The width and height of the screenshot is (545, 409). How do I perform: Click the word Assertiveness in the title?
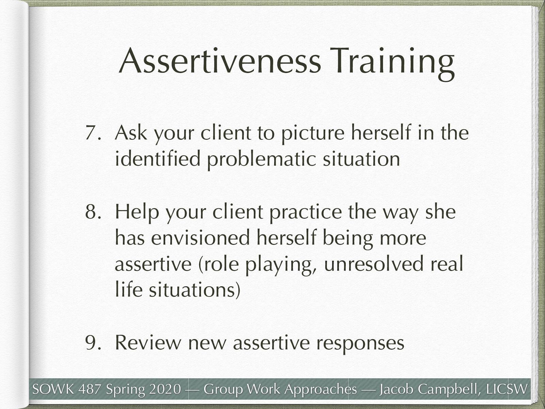point(220,61)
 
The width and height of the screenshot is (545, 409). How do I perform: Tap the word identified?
point(157,158)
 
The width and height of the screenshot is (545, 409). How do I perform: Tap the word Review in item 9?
point(148,343)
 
